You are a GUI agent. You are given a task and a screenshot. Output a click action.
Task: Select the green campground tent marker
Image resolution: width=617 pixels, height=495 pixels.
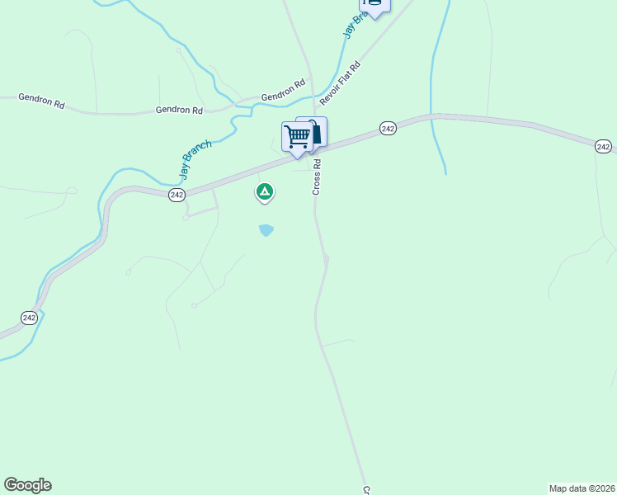[x=264, y=192]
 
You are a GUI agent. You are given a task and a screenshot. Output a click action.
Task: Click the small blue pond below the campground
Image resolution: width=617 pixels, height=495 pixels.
[x=266, y=230]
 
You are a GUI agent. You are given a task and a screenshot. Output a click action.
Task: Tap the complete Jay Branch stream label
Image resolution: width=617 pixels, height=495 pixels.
[x=196, y=160]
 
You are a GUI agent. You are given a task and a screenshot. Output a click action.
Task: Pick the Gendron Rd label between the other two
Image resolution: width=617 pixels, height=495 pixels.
[x=179, y=110]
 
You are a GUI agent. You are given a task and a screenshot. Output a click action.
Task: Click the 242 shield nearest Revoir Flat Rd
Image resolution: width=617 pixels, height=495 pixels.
[x=389, y=128]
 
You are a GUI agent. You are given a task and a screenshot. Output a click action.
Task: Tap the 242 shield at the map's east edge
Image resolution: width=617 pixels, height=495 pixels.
[x=603, y=147]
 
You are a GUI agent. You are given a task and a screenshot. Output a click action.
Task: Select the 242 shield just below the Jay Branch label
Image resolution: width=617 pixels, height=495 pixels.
[x=177, y=194]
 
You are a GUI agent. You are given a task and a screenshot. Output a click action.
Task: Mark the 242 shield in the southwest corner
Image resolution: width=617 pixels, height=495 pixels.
[x=29, y=318]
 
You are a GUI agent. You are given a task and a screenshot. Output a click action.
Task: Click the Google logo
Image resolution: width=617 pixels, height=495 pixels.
[x=27, y=485]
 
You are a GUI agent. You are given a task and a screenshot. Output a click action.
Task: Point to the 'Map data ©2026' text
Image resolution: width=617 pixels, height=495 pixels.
[x=582, y=488]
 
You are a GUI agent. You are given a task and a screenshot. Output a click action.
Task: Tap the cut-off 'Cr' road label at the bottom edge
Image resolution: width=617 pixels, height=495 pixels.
[x=365, y=490]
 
